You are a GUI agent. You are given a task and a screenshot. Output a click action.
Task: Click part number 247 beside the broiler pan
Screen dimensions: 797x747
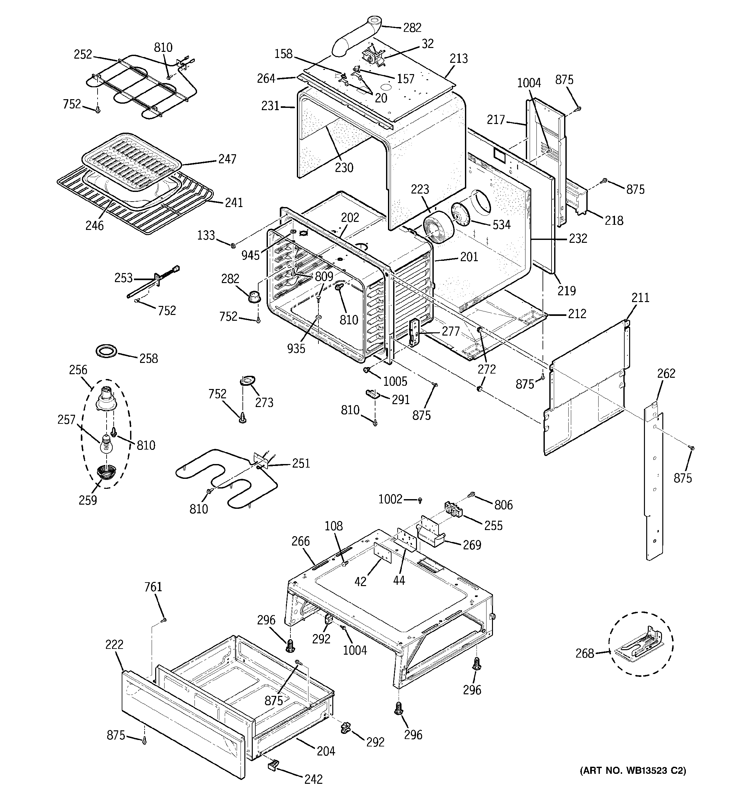[x=227, y=159]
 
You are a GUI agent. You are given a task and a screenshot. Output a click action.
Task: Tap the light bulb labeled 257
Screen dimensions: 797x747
[x=105, y=445]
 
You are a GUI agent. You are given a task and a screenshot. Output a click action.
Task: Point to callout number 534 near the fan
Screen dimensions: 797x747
[x=502, y=224]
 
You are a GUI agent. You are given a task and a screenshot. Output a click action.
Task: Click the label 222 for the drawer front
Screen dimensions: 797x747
[x=114, y=645]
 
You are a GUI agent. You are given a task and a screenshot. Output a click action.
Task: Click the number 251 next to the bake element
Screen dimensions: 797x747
[x=301, y=463]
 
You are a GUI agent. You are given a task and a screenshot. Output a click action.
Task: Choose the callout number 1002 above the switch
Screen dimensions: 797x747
[x=390, y=499]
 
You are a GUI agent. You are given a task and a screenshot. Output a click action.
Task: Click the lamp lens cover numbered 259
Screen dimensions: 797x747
[x=106, y=473]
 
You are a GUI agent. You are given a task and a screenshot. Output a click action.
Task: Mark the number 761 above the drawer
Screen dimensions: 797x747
[x=153, y=587]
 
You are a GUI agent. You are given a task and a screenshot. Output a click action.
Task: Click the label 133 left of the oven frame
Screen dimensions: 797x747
[x=206, y=235]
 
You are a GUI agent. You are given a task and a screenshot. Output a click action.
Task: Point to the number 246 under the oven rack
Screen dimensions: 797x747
[x=94, y=226]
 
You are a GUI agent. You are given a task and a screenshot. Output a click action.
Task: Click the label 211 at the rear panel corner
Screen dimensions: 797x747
[x=640, y=298]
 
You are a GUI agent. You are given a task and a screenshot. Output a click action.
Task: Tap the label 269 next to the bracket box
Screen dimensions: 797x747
[x=472, y=545]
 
